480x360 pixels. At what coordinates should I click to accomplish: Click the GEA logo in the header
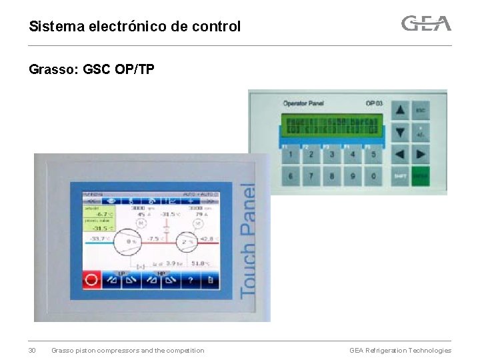point(426,24)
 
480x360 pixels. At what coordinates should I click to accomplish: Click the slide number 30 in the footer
point(32,351)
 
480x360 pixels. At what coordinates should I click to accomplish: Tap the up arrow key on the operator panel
point(399,110)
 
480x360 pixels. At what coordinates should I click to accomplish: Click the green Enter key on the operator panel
point(421,176)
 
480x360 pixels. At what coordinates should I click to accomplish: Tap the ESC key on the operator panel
point(421,110)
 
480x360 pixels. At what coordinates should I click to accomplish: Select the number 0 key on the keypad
point(373,177)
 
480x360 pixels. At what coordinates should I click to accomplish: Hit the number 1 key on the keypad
point(290,154)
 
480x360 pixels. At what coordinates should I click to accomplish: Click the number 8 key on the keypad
point(331,177)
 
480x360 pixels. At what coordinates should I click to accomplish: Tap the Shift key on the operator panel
point(399,176)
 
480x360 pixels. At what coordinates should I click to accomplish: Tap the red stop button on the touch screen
point(91,280)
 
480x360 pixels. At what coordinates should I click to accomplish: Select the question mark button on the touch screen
point(191,280)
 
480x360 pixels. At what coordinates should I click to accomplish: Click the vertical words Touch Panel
point(247,240)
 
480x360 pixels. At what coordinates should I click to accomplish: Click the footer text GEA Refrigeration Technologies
point(400,351)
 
